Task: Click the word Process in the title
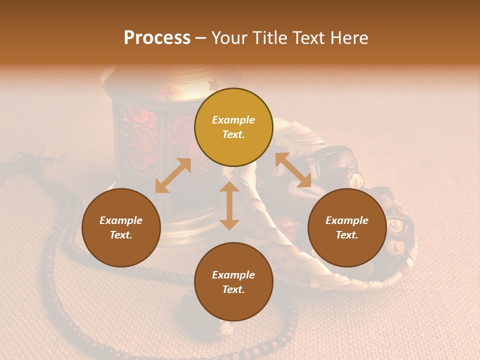pos(157,38)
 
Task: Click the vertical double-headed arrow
pos(229,205)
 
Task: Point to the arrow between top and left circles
pos(173,175)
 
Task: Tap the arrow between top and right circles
pos(293,170)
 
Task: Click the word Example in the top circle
pos(233,120)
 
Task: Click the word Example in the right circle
pos(347,220)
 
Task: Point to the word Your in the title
pos(228,38)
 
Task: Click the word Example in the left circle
pos(121,220)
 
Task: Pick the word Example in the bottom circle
pos(233,275)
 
